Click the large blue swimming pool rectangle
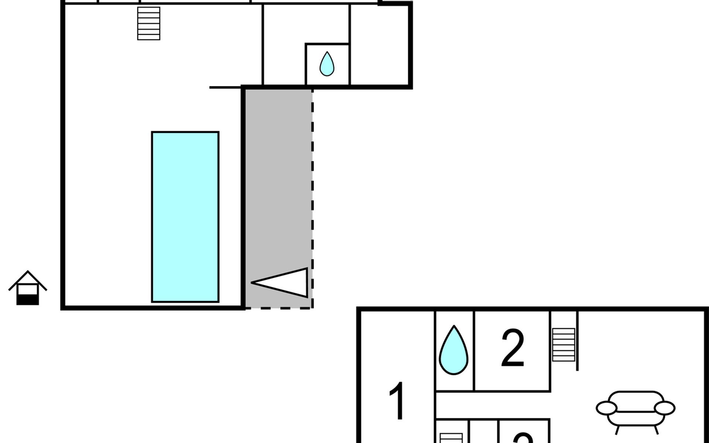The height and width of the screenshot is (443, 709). click(x=185, y=217)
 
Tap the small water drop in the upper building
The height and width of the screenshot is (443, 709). click(x=327, y=64)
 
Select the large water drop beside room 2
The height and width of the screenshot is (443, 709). click(x=453, y=350)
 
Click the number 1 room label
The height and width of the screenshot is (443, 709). click(x=397, y=401)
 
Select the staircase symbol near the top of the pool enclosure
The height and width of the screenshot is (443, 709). click(x=149, y=23)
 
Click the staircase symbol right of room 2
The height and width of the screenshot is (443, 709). click(x=564, y=345)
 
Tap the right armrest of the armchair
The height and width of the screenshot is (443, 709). click(x=665, y=408)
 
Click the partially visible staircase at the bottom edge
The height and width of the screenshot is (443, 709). click(x=451, y=438)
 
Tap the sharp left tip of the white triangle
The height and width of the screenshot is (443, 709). click(x=253, y=283)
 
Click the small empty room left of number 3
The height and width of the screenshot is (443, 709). click(x=483, y=432)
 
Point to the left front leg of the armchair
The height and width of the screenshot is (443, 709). click(x=617, y=430)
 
